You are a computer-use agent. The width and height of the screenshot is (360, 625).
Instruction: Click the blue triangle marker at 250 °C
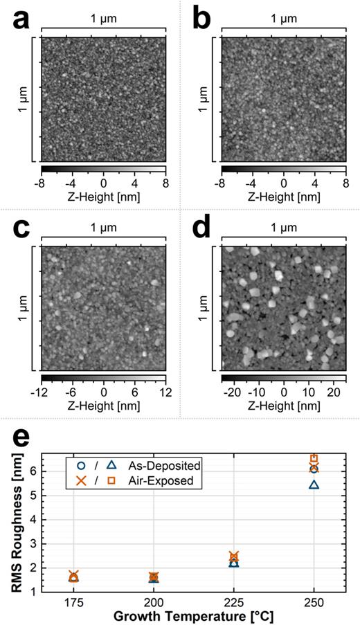314,484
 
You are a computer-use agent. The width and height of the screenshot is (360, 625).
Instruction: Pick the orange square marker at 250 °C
314,458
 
